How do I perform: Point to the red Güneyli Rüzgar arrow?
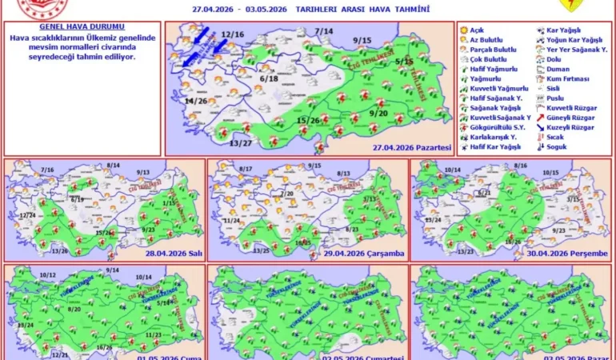coord(542,118)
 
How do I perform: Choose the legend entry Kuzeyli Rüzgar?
coord(570,128)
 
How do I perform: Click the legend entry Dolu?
coord(557,60)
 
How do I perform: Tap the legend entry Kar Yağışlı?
coord(565,30)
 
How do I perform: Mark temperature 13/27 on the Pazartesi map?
coord(241,142)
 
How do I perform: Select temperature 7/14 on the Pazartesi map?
coord(323,31)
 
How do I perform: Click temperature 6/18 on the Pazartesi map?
coord(269,79)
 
